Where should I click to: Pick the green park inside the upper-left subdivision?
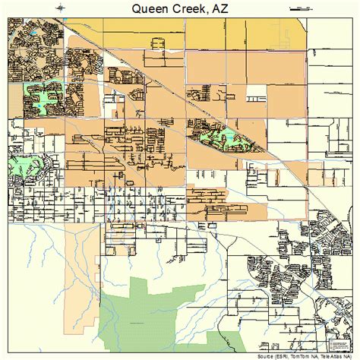42,96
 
